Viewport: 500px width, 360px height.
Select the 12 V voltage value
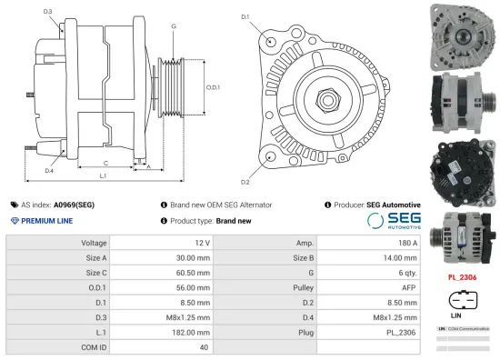202,243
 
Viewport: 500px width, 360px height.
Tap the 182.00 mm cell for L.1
194,331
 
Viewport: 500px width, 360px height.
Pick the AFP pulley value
408,286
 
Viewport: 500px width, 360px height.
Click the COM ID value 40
205,345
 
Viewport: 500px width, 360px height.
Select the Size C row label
95,272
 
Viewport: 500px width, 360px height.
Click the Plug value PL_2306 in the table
401,331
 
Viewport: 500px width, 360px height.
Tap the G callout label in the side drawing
173,26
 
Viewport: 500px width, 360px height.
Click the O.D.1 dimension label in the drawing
213,87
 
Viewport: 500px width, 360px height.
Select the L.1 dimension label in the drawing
103,175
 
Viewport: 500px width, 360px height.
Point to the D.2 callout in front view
245,169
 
